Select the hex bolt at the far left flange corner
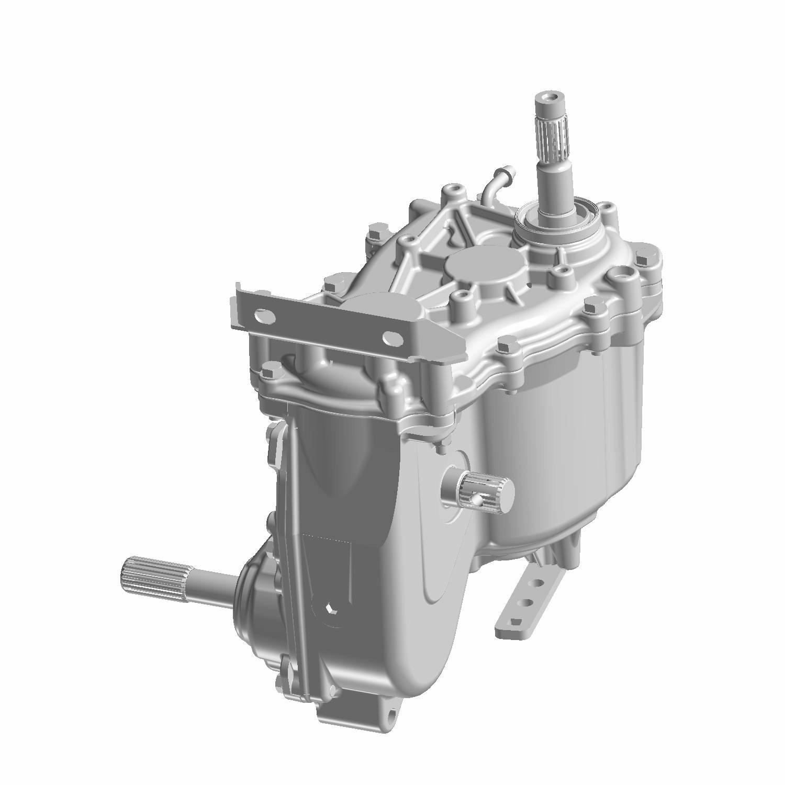268,372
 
